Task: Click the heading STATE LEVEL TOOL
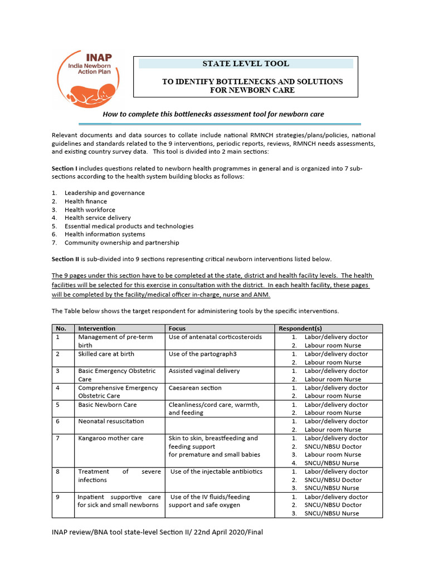(246, 63)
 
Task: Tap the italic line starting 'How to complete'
(213, 114)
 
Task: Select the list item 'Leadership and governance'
(104, 193)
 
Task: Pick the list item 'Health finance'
(85, 202)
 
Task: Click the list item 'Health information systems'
(104, 234)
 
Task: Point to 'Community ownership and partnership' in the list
(121, 243)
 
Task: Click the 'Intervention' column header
(97, 328)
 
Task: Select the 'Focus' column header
(178, 328)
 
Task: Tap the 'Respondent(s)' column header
(300, 328)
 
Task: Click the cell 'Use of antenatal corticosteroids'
(215, 337)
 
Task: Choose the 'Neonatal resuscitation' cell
(111, 421)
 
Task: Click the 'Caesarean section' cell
(195, 388)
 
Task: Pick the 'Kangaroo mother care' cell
(110, 438)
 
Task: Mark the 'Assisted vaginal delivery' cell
(204, 371)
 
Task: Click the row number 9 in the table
(58, 497)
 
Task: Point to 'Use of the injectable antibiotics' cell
(216, 471)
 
